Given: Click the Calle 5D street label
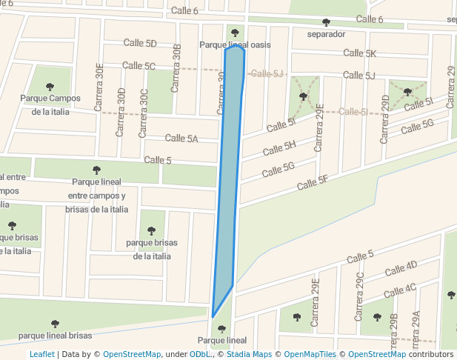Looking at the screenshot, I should pyautogui.click(x=140, y=44).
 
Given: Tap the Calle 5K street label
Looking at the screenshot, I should pyautogui.click(x=360, y=53).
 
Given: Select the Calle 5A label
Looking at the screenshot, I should pyautogui.click(x=181, y=139).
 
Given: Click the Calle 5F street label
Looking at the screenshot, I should pyautogui.click(x=312, y=181).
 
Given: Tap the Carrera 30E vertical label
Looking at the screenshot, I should pyautogui.click(x=100, y=87).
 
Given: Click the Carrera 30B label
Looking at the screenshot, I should pyautogui.click(x=176, y=68).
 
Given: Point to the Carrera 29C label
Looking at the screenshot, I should pyautogui.click(x=360, y=295).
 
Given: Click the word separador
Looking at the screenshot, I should pyautogui.click(x=326, y=34).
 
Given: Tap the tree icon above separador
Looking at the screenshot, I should pyautogui.click(x=326, y=22).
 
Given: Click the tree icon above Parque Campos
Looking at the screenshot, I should pyautogui.click(x=50, y=87).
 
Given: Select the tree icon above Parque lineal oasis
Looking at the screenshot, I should pyautogui.click(x=236, y=33).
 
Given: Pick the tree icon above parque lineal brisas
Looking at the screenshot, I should pyautogui.click(x=55, y=324).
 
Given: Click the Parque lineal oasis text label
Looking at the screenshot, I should pyautogui.click(x=235, y=45).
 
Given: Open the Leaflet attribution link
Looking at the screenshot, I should pyautogui.click(x=41, y=355).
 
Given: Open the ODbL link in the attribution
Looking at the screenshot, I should pyautogui.click(x=199, y=355).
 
